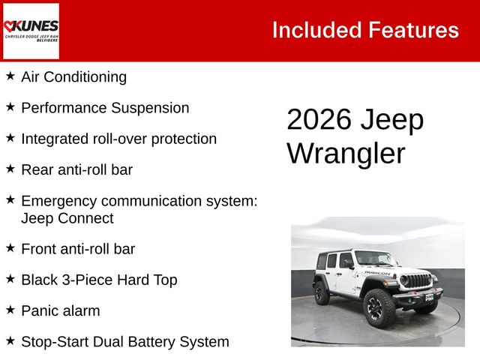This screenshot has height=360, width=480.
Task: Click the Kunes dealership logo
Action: coord(31,31)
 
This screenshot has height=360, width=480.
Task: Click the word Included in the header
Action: coord(316,30)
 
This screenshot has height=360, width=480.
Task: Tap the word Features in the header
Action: coord(413,30)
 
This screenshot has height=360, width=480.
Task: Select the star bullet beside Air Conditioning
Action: coord(10,76)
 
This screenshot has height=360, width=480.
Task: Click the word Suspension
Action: coord(150,108)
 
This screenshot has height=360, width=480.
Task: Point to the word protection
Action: coord(184,139)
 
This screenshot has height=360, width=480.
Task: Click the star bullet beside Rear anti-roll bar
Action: coord(10,169)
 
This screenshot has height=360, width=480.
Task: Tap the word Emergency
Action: coord(59,202)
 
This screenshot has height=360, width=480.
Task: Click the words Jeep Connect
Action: coord(67,218)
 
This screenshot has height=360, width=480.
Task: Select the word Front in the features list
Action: coord(39,249)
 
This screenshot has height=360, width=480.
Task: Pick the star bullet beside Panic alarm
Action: coord(10,310)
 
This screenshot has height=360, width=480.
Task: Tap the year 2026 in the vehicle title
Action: coord(319,119)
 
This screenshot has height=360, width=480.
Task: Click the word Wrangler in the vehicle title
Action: coord(346,154)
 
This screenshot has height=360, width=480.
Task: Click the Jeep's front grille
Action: coord(415,280)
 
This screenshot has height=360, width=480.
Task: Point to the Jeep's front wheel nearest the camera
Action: coord(379,308)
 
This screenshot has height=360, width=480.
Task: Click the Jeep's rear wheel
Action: coord(322,293)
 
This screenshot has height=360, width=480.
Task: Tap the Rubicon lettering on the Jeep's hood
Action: coord(377,273)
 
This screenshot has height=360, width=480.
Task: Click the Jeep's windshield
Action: coord(375,258)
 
